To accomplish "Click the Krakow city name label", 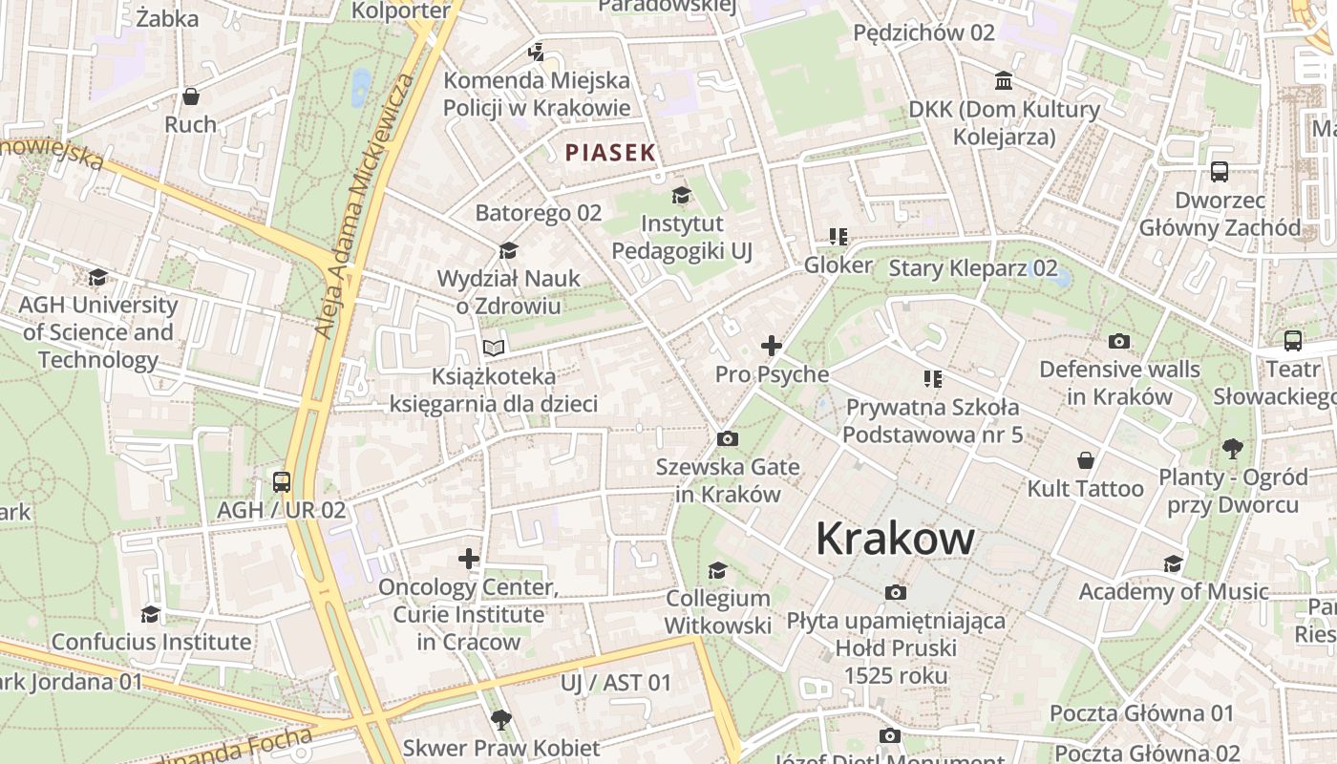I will click(x=895, y=540).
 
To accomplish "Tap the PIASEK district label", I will click(x=610, y=152).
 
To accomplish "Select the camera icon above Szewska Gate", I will click(x=727, y=439).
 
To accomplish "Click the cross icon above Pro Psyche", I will click(x=772, y=346).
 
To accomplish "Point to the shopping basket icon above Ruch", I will click(x=191, y=96).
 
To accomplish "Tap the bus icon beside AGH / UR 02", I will click(x=281, y=481).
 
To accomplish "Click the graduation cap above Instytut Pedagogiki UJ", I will click(x=681, y=196).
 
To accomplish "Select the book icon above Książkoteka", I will click(x=493, y=348).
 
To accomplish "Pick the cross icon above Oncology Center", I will click(x=468, y=558).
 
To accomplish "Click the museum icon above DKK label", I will click(x=1004, y=80).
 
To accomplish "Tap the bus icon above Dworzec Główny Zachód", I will click(x=1220, y=172).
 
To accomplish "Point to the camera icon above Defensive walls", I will click(x=1119, y=341).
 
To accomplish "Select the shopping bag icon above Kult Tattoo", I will click(x=1086, y=460).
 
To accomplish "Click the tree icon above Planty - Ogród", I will click(x=1233, y=448).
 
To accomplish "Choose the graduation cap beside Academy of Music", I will click(x=1173, y=563).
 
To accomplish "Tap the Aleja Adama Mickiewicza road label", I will click(x=366, y=205).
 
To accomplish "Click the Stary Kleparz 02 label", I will click(x=973, y=268).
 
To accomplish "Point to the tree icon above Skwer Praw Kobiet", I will click(x=500, y=719).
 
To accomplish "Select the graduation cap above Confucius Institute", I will click(x=151, y=613).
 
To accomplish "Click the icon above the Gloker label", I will click(x=838, y=236).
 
